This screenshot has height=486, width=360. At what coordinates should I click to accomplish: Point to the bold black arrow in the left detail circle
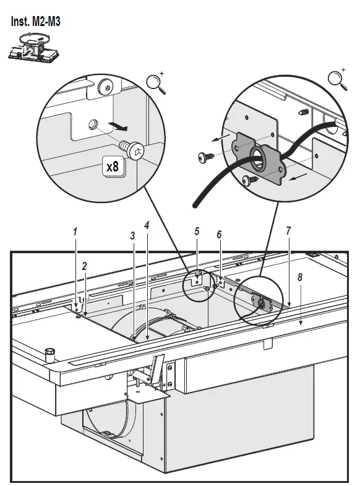tap(119, 127)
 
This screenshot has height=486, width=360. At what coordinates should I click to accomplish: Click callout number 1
tap(75, 232)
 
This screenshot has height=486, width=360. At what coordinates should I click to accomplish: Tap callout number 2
tap(85, 267)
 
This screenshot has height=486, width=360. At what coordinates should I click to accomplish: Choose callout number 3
tap(132, 236)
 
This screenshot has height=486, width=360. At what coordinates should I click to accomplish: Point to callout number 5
tap(197, 232)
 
